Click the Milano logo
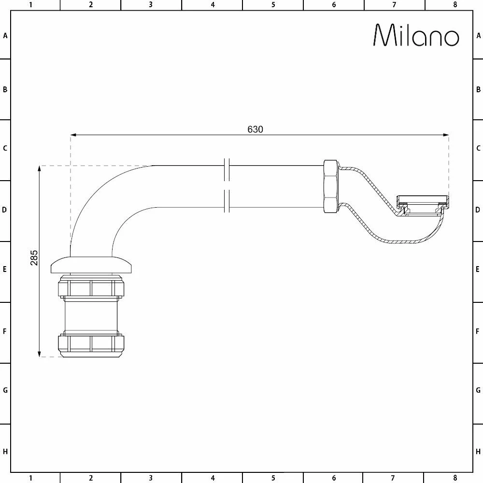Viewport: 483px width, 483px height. point(416,35)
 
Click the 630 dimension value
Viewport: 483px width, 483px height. point(255,129)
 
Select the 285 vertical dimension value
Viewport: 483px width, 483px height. point(34,258)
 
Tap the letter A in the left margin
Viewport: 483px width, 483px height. point(5,35)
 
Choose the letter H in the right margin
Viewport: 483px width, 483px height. point(478,452)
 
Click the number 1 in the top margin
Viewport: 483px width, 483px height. point(30,5)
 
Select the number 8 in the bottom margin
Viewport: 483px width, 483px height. point(455,478)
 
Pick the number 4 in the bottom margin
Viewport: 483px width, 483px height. point(213,478)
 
